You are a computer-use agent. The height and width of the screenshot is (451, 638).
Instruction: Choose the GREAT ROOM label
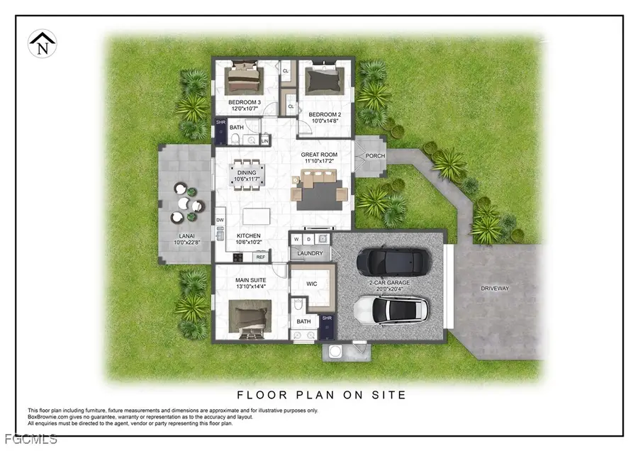(318, 155)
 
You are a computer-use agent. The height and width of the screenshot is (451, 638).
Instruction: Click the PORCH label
(374, 156)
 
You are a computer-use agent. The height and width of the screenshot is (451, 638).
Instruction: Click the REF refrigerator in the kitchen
(260, 257)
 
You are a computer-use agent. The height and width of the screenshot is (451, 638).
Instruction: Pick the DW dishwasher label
(220, 221)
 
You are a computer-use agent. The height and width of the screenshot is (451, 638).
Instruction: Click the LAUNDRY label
(310, 253)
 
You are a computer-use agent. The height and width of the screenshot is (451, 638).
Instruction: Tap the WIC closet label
(311, 284)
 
